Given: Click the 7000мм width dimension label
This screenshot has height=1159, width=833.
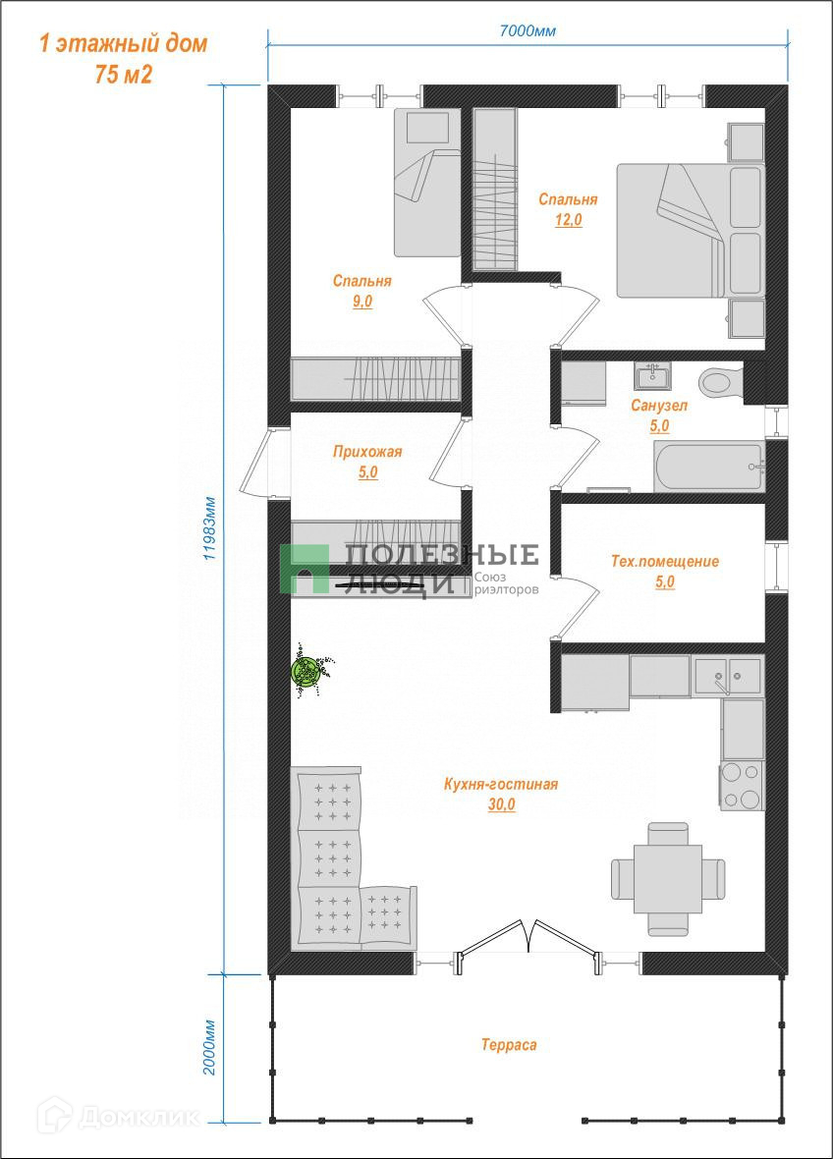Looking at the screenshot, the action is coord(528,31).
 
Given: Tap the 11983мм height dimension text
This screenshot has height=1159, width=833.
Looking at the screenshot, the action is coord(210,527).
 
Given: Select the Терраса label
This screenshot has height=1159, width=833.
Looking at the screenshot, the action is coord(509,1044).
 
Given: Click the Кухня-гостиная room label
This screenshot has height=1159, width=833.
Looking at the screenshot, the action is coord(500,784).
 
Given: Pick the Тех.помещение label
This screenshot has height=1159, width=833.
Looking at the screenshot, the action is coord(664,561).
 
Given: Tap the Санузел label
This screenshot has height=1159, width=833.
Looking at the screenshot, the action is coord(658,405).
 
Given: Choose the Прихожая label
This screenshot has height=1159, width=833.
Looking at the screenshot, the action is coord(367,451).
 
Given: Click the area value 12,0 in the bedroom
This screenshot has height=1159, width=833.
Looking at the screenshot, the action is coord(569,220).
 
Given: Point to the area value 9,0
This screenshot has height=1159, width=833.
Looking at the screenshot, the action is coord(362,301).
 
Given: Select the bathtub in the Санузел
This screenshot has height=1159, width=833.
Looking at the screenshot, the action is coord(708,467).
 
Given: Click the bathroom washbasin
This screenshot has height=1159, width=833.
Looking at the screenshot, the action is coord(652,375).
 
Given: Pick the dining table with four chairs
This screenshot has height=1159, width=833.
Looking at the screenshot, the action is coord(667,879).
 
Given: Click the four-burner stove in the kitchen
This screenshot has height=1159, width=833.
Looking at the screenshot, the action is coord(742,786).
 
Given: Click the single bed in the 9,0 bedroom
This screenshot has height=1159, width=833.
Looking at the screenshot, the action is coord(427,182).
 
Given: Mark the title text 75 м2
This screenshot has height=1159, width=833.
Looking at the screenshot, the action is coord(124,74).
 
